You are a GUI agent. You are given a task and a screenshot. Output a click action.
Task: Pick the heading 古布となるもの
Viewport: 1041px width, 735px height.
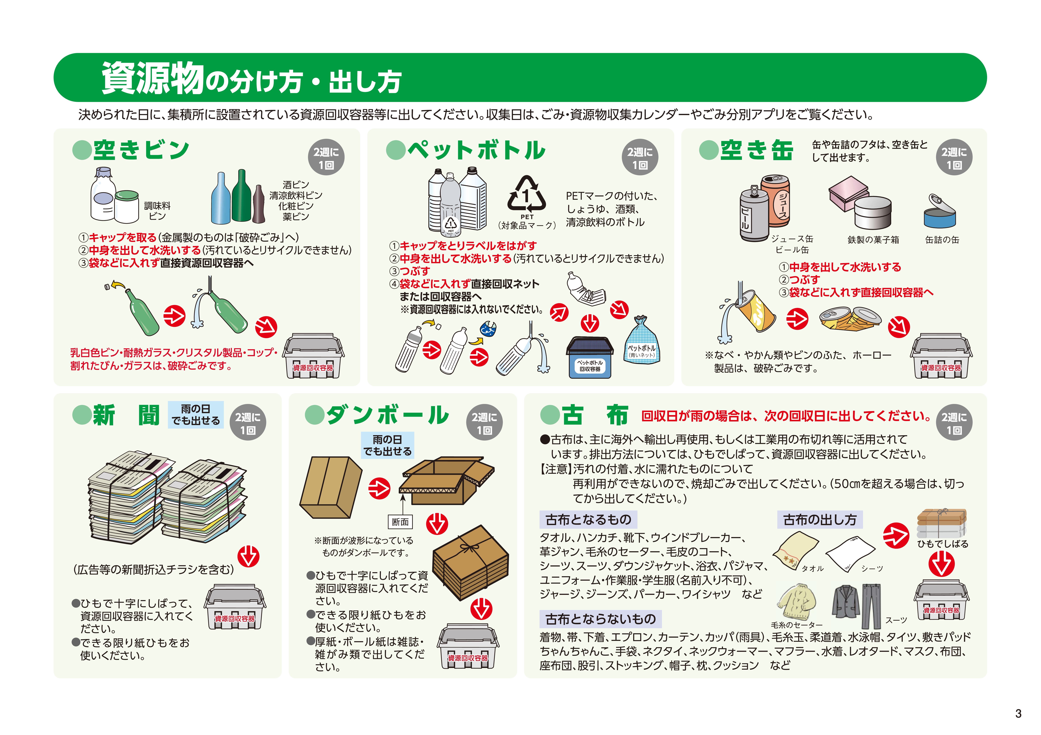click(588, 519)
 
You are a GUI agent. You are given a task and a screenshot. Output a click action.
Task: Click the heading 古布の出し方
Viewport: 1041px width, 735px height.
click(820, 519)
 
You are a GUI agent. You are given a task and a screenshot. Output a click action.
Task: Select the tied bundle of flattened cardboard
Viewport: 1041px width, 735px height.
click(471, 562)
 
